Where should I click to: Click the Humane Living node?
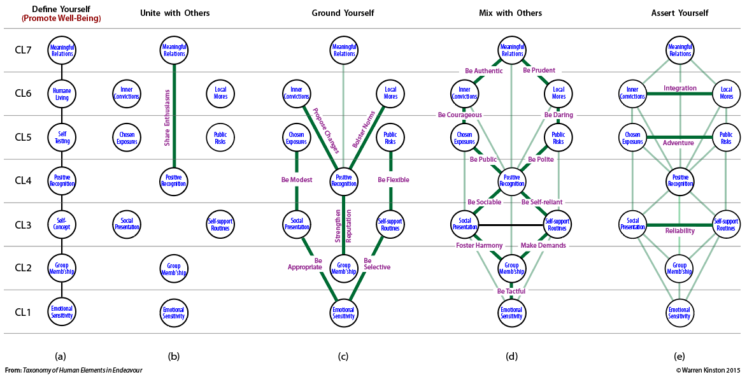pyautogui.click(x=62, y=94)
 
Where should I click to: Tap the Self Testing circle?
pyautogui.click(x=62, y=138)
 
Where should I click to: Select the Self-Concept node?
pyautogui.click(x=62, y=224)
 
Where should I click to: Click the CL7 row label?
pyautogui.click(x=23, y=50)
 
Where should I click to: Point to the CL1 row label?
pyautogui.click(x=23, y=312)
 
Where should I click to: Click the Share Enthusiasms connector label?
pyautogui.click(x=167, y=117)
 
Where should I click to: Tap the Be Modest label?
pyautogui.click(x=297, y=180)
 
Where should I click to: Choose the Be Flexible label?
pyautogui.click(x=394, y=180)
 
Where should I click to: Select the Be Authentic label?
pyautogui.click(x=483, y=71)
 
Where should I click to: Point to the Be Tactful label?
pyautogui.click(x=511, y=291)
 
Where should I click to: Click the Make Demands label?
pyautogui.click(x=543, y=245)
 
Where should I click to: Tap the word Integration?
pyautogui.click(x=680, y=88)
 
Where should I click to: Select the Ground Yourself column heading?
pyautogui.click(x=343, y=13)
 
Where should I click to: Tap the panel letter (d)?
pyautogui.click(x=511, y=356)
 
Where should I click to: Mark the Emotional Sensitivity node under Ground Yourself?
pyautogui.click(x=343, y=312)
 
